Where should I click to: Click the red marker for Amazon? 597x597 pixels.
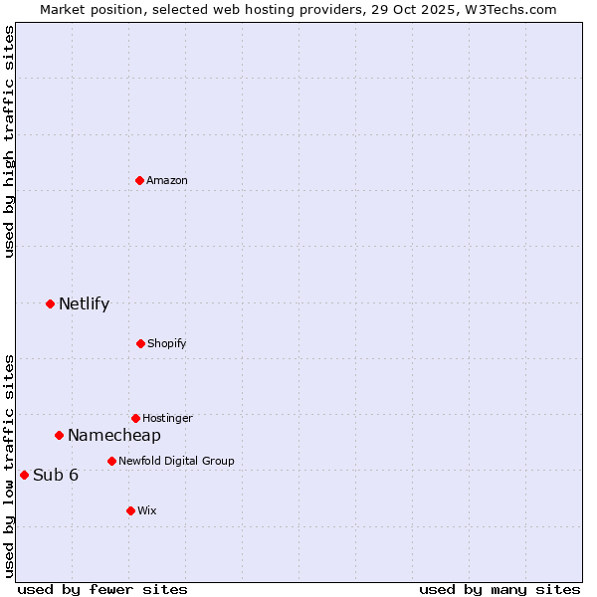139,180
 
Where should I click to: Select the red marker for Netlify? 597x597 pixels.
50,303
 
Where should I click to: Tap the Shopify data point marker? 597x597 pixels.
140,343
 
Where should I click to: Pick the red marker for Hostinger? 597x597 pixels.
135,418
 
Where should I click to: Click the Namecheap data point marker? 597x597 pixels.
59,435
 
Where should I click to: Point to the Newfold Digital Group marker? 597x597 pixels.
111,461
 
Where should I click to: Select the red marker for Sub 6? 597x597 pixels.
24,475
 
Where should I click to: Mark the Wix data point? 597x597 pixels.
130,510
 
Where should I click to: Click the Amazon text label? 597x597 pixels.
167,180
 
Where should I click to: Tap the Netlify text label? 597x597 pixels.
84,303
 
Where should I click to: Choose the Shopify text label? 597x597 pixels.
167,343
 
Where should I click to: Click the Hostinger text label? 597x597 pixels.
167,418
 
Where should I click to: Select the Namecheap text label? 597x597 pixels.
114,435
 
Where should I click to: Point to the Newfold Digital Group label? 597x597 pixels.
176,461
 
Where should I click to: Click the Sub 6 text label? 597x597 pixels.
56,475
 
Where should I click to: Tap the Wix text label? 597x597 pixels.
147,510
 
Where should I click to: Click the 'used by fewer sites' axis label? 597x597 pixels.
102,589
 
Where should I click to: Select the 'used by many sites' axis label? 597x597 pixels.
499,589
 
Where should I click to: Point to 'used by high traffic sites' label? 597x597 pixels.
9,141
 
